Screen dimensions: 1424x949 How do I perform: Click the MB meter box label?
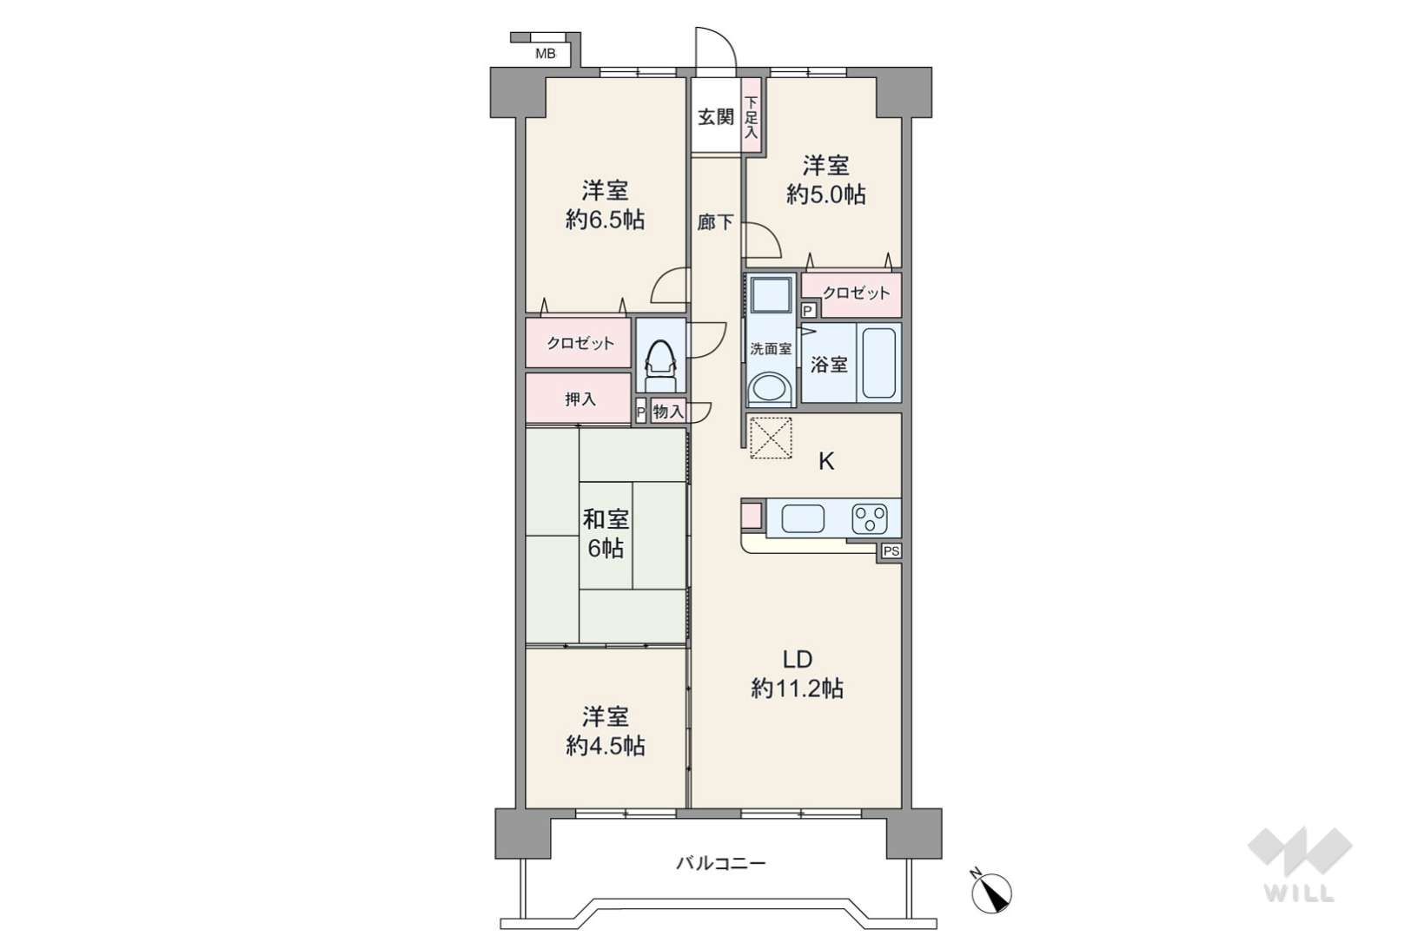545,54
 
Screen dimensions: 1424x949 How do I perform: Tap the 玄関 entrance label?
716,117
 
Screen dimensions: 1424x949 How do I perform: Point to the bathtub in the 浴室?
879,363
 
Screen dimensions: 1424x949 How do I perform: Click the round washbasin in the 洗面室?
769,388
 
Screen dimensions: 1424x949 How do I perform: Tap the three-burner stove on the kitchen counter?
870,518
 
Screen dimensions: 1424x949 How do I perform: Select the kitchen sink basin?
803,518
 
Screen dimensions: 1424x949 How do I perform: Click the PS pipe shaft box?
891,551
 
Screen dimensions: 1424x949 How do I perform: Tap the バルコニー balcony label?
720,863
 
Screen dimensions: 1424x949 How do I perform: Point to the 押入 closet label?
580,399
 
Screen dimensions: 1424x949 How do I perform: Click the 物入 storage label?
668,412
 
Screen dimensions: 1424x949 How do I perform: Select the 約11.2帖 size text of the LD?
798,688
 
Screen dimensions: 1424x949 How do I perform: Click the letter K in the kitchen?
825,461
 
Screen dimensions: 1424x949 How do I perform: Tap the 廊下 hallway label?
715,221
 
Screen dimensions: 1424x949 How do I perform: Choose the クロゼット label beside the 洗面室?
856,293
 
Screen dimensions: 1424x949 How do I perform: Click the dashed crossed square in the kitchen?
771,438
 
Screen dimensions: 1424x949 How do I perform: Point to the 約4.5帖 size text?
606,746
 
